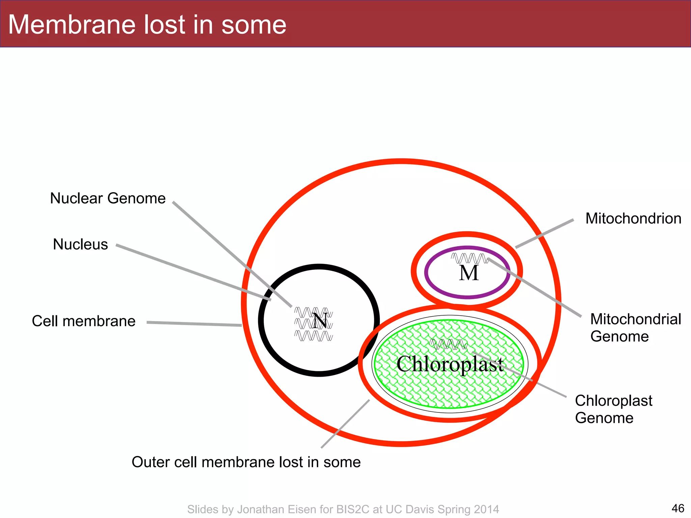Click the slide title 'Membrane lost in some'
(x=147, y=25)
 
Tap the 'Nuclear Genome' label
(x=108, y=198)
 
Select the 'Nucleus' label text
(x=80, y=244)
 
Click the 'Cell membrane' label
(x=83, y=321)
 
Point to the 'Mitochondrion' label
(x=633, y=219)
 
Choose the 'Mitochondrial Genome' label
(x=635, y=327)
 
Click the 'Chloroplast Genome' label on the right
(x=613, y=409)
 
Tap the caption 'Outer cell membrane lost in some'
(x=246, y=462)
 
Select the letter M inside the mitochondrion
(x=469, y=273)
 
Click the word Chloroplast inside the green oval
(x=450, y=364)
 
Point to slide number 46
(x=678, y=508)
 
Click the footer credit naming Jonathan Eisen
(x=343, y=509)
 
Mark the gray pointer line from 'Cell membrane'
(x=194, y=324)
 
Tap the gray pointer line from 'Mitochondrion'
(x=545, y=234)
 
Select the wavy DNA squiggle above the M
(x=469, y=258)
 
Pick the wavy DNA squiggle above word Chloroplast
(x=448, y=344)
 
